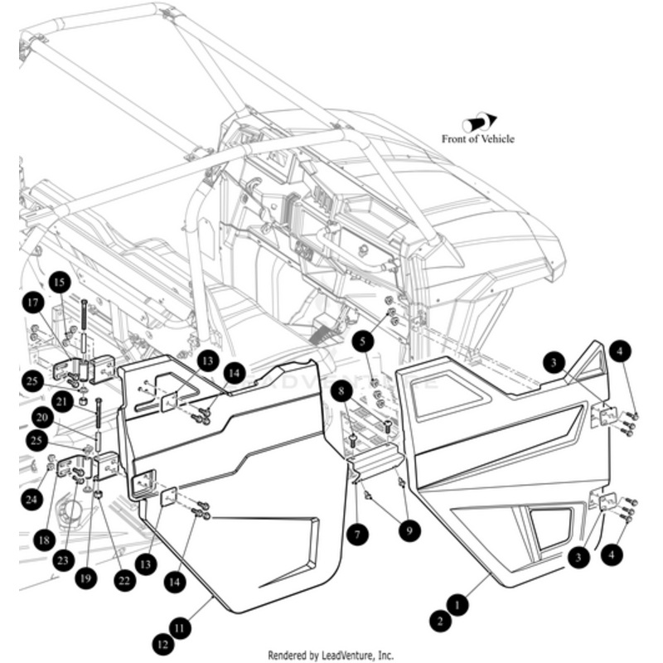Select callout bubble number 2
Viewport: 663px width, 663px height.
440,618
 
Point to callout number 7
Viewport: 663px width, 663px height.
356,535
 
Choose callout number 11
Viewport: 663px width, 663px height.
181,628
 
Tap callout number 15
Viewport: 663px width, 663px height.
59,283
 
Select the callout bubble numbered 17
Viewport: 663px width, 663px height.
33,304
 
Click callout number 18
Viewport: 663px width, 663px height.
44,540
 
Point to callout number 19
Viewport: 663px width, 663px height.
83,580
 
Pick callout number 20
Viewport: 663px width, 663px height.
41,418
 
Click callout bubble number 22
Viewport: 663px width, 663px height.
124,581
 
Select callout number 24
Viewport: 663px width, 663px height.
31,500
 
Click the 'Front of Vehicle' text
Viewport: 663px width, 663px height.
477,139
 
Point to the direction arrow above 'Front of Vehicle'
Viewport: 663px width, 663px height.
480,123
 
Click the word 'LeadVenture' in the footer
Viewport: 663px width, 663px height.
349,655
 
